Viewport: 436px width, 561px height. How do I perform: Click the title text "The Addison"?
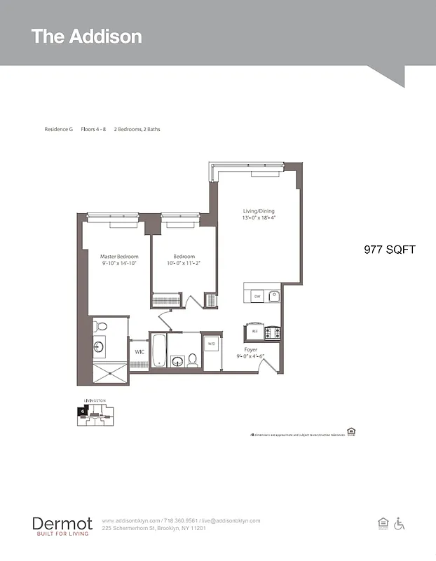click(x=86, y=36)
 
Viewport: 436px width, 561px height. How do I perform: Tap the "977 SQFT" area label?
click(x=390, y=250)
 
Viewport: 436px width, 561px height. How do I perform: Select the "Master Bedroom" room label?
click(x=118, y=257)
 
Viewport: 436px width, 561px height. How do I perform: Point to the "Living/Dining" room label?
click(x=259, y=210)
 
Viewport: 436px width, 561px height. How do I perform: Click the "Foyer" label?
click(x=250, y=349)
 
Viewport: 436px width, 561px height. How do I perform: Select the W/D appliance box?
click(x=211, y=344)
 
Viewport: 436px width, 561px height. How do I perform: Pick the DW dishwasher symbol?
click(x=257, y=297)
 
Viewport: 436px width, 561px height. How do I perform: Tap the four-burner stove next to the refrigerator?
click(x=272, y=332)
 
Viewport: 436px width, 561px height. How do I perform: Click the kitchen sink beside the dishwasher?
click(x=274, y=296)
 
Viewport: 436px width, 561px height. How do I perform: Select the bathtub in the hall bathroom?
click(x=159, y=351)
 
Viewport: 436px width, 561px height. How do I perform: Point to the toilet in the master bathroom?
click(x=101, y=326)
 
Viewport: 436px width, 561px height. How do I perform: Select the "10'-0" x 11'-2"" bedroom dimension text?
click(x=184, y=264)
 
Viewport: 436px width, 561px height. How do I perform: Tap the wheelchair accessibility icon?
click(x=400, y=523)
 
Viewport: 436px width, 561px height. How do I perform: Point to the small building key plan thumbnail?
click(x=93, y=414)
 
